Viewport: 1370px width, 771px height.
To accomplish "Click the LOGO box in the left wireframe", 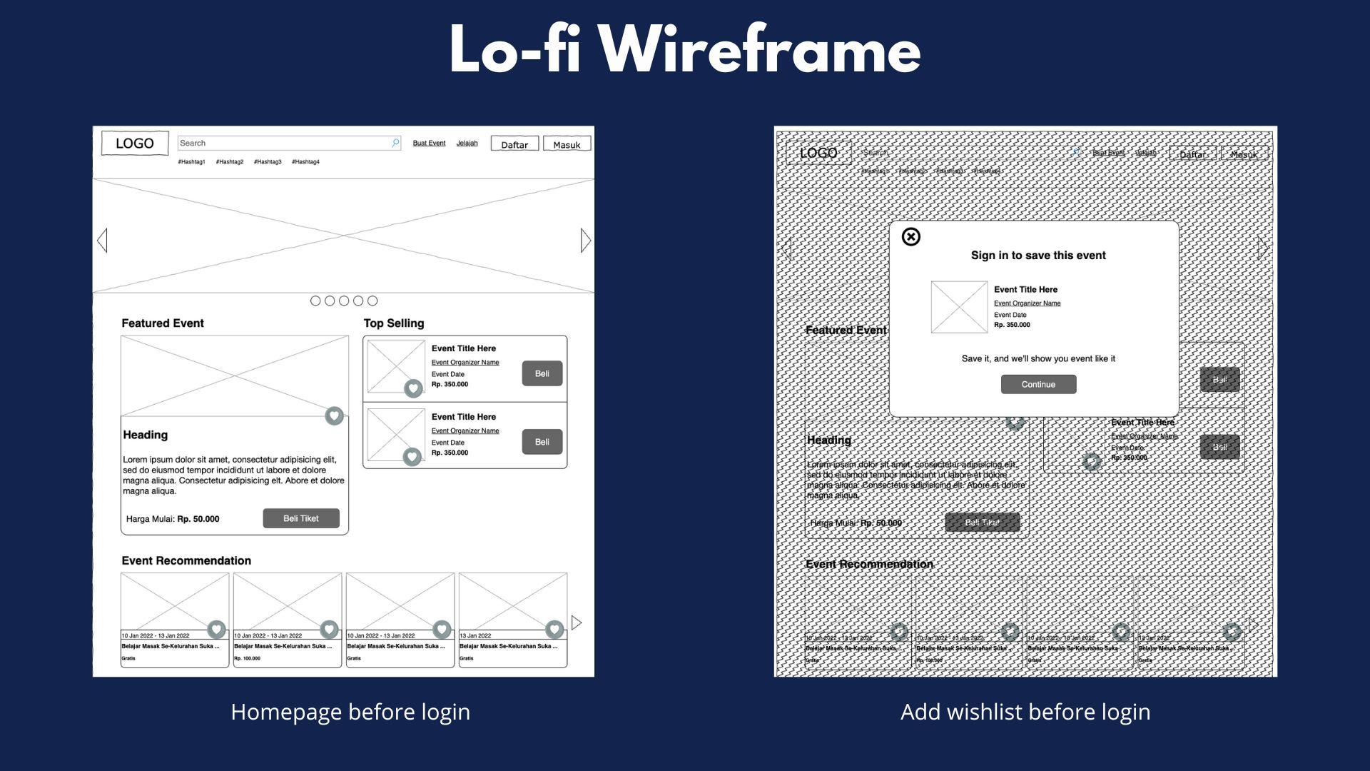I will [x=134, y=143].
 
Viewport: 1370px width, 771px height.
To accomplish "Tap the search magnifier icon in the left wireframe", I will [x=395, y=143].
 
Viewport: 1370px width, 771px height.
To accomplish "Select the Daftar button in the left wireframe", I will [x=514, y=144].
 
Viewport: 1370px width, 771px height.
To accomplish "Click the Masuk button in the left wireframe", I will [x=567, y=144].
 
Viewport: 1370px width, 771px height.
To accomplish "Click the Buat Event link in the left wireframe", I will [x=429, y=143].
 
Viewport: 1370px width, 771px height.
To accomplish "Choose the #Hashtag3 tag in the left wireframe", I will [x=268, y=162].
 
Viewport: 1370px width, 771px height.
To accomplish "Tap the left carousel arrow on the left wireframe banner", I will [x=103, y=241].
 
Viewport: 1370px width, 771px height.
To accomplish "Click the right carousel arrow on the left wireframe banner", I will [x=585, y=241].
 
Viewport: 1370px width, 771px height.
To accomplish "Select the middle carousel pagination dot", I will [x=344, y=301].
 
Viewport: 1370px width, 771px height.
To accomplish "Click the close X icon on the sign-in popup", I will [x=911, y=237].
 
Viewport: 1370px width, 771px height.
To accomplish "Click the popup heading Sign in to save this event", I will [x=1038, y=256].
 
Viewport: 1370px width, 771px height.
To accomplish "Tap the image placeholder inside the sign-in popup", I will [x=959, y=307].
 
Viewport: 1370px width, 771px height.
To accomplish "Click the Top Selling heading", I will [x=394, y=323].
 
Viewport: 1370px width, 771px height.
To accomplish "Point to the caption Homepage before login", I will [x=350, y=712].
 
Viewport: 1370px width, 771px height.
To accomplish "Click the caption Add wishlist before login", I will [x=1025, y=712].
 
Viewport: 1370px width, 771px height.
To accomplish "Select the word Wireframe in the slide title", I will [x=759, y=50].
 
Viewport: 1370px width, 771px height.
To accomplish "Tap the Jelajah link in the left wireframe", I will [x=467, y=143].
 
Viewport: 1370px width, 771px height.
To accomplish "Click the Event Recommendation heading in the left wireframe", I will [x=186, y=560].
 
